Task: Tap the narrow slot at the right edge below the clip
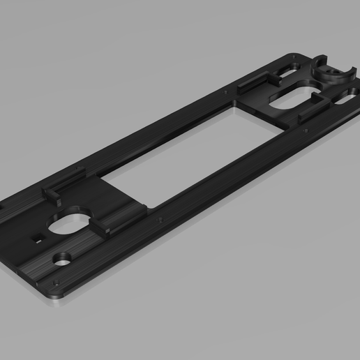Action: point(345,100)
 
